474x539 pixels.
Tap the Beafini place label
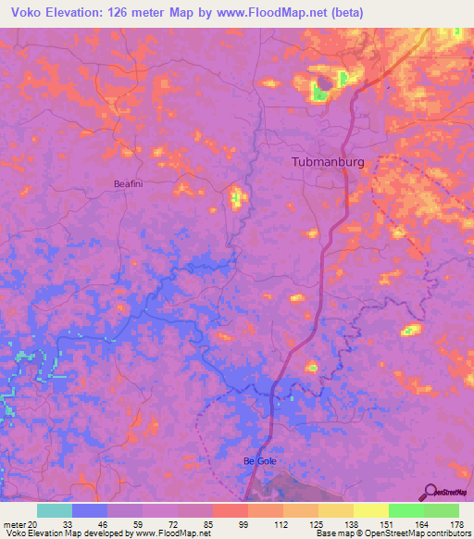[128, 183]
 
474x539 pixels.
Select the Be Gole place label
[260, 460]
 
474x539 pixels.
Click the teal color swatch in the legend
[55, 510]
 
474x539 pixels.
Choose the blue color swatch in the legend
[90, 510]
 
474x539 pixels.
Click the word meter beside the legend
[15, 523]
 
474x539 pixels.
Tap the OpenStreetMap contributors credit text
[420, 533]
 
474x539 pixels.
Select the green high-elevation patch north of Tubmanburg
[320, 91]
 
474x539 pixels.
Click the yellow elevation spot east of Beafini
[236, 196]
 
